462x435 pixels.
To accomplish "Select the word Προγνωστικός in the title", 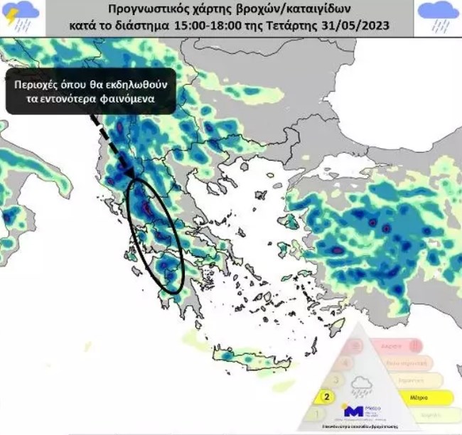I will point(142,11).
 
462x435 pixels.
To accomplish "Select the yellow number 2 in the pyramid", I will point(327,396).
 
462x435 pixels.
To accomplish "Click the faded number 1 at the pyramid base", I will point(318,413).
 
